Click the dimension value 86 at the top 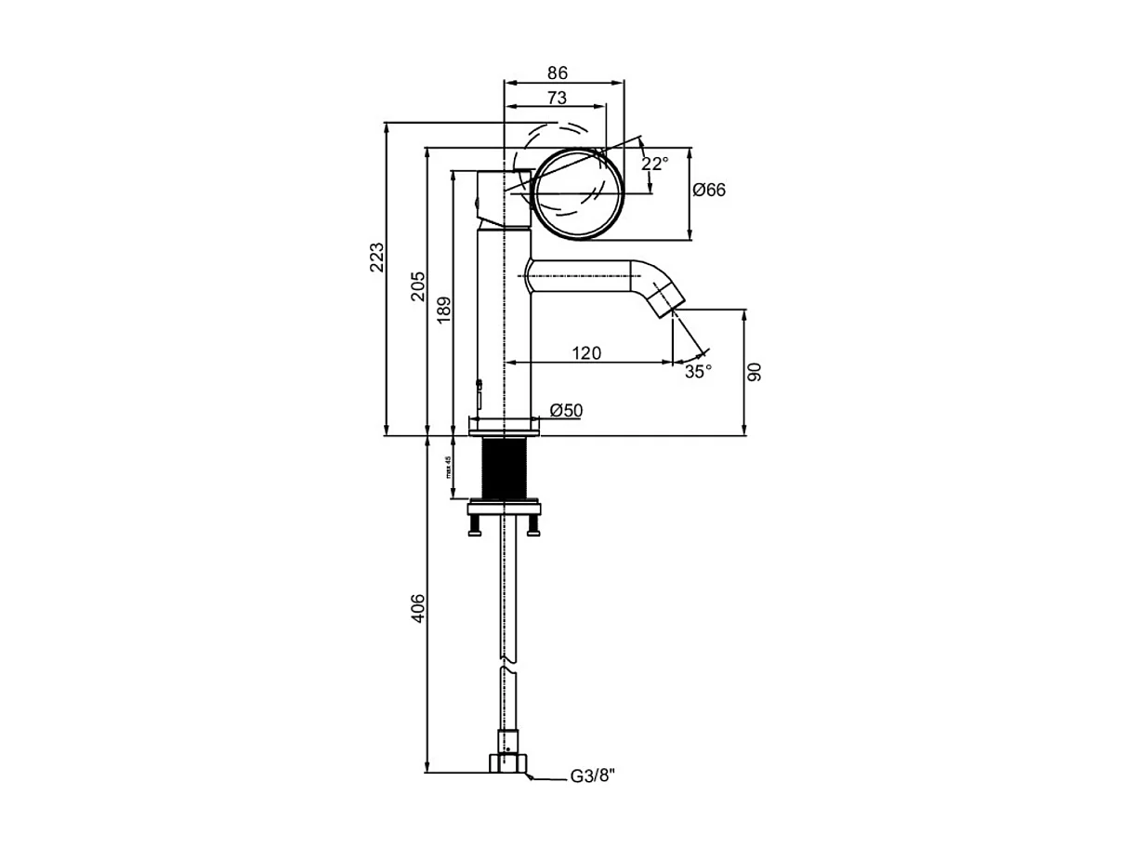tap(557, 73)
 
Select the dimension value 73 tap(557, 98)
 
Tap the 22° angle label tap(655, 164)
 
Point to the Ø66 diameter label tap(709, 191)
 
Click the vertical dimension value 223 tap(376, 258)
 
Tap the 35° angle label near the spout tap(699, 371)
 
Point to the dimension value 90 tap(755, 372)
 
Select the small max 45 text tap(449, 467)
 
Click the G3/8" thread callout tap(593, 777)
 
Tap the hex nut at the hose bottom tap(507, 764)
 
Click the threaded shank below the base tap(506, 469)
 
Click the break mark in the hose tap(506, 665)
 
